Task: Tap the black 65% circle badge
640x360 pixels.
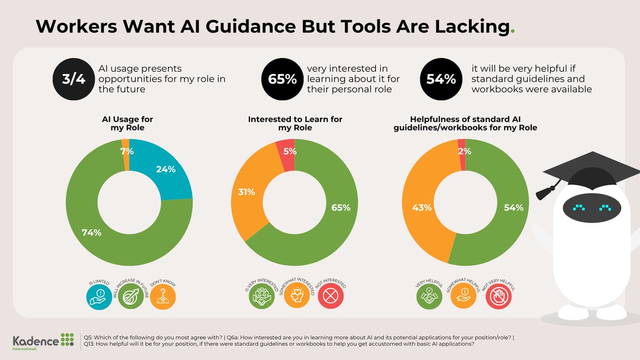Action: click(282, 79)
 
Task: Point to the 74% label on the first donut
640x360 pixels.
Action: click(91, 233)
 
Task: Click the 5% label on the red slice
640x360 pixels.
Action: click(290, 151)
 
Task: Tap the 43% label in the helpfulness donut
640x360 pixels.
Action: click(421, 207)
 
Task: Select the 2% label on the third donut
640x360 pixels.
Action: click(464, 151)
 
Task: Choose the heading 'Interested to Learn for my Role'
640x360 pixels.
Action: click(295, 124)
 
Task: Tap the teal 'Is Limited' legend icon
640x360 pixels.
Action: click(99, 297)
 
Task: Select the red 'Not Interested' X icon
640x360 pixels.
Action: click(331, 297)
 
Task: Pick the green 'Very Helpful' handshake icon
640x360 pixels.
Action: click(429, 297)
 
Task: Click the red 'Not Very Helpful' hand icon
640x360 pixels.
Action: click(499, 297)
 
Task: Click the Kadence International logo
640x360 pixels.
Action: click(44, 341)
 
